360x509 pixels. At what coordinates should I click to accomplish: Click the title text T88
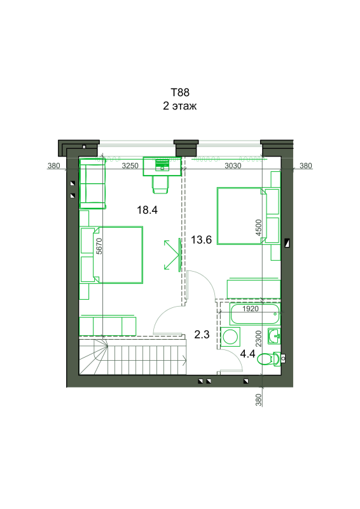click(180, 92)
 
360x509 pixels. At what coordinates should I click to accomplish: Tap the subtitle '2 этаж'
click(180, 106)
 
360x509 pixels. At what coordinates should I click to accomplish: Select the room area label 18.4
click(147, 210)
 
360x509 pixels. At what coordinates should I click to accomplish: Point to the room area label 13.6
click(201, 240)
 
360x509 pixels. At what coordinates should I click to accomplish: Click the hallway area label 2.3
click(202, 335)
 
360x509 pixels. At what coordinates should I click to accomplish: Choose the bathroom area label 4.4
click(247, 354)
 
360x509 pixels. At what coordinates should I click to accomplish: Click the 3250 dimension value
click(130, 165)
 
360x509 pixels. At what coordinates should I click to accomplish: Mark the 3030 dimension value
click(233, 166)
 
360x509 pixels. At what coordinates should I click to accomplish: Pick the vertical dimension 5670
click(99, 246)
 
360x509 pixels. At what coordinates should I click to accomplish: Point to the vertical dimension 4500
click(258, 228)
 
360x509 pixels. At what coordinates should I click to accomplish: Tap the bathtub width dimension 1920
click(251, 309)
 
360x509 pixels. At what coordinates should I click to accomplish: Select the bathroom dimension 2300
click(258, 338)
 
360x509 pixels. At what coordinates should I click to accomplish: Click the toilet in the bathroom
click(269, 359)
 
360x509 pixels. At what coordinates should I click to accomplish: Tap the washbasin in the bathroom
click(274, 336)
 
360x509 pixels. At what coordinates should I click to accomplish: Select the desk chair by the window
click(160, 185)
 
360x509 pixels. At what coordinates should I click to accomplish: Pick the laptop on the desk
click(162, 165)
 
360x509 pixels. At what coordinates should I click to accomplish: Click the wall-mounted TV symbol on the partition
click(179, 254)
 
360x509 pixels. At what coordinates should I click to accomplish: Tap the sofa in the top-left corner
click(92, 183)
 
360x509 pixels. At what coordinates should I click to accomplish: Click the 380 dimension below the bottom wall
click(258, 400)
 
